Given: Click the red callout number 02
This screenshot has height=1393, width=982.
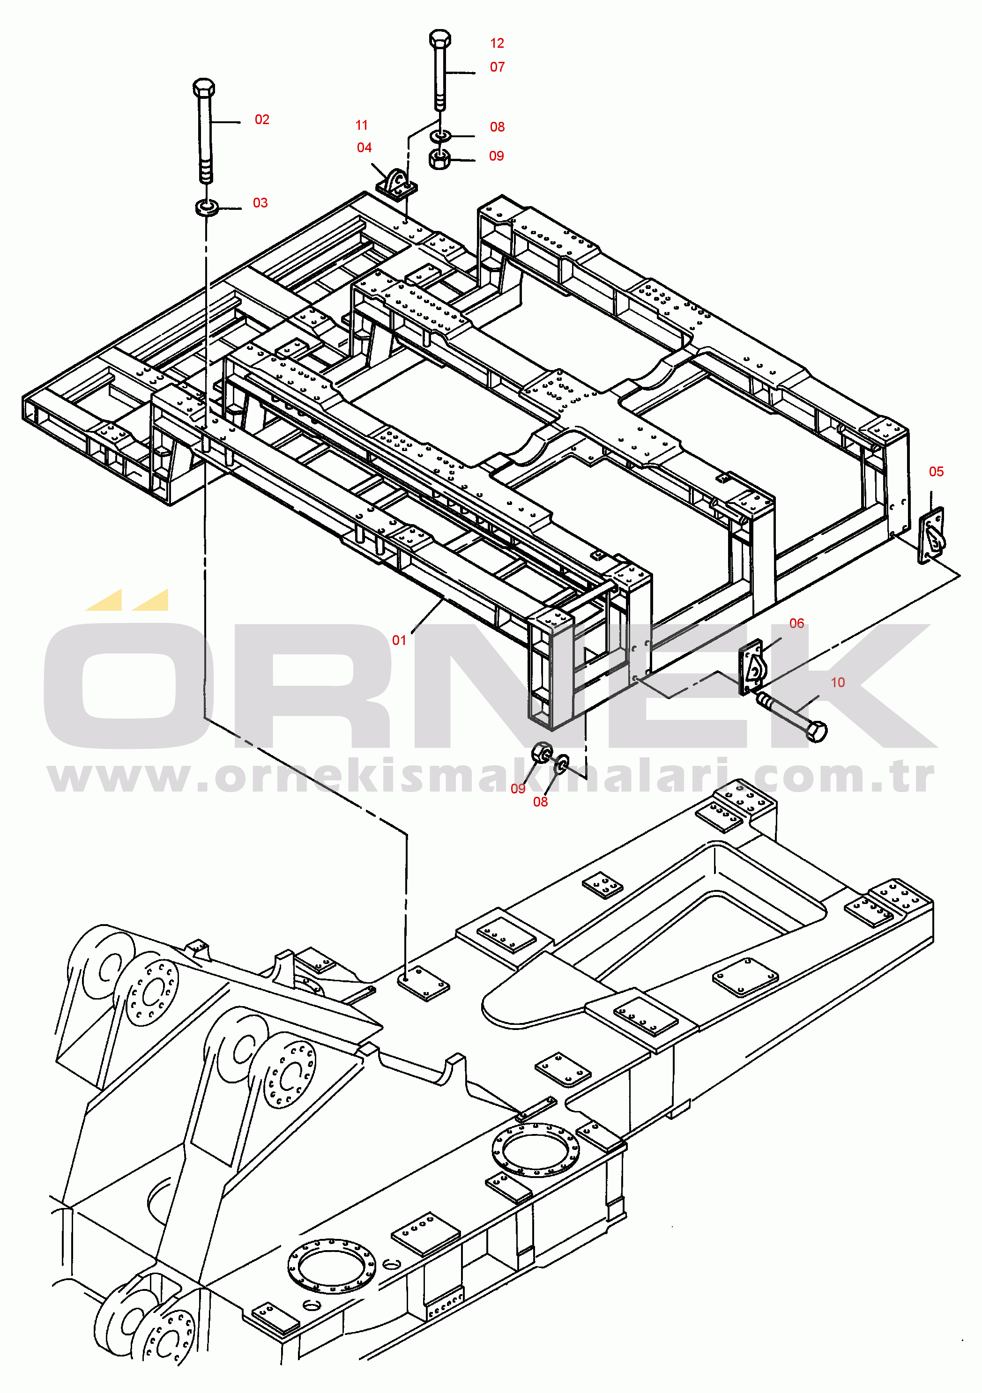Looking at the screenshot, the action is [x=261, y=119].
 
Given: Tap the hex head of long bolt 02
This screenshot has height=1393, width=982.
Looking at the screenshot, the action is [x=203, y=88].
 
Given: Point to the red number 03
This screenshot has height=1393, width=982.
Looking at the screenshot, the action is [x=260, y=203].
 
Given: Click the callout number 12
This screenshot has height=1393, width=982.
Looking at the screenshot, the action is [x=497, y=43].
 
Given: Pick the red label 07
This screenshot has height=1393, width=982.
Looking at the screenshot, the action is [x=497, y=67].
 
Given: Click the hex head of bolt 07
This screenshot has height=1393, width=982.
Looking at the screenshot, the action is [x=439, y=39].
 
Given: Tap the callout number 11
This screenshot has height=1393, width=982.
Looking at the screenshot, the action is [x=362, y=125].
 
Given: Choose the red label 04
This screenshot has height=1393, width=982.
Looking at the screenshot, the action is [x=364, y=148].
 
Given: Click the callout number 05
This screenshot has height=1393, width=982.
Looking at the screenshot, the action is [x=936, y=471].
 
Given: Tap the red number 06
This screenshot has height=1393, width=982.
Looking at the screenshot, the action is [x=796, y=623].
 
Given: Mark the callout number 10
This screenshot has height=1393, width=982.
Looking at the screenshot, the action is [x=838, y=682].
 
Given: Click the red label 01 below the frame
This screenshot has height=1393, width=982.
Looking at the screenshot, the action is [x=399, y=640].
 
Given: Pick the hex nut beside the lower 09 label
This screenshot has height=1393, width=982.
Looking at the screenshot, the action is [x=542, y=752].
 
